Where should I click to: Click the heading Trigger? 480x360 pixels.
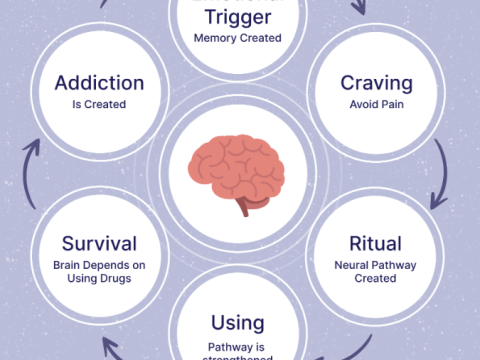coord(237,17)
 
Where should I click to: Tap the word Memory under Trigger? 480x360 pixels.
coord(215,39)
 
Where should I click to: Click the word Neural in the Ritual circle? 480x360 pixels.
coord(352,265)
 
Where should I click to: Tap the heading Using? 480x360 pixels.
coord(237,322)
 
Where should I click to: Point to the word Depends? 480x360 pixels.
coord(113,265)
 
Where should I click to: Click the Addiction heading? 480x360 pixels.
coord(100,82)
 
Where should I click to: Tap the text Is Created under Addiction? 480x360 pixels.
coord(100,103)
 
